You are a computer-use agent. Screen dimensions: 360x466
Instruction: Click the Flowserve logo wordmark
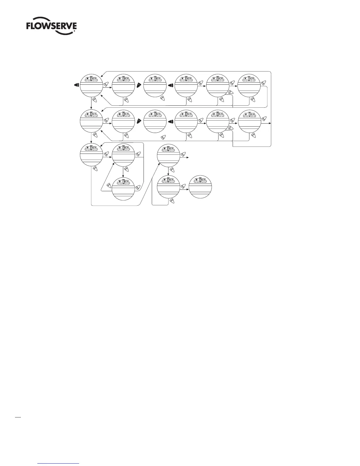point(51,27)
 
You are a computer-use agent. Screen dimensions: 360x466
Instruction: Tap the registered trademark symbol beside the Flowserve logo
point(75,31)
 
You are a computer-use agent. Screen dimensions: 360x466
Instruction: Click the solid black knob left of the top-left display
point(76,85)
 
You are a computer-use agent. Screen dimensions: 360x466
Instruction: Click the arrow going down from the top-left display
point(91,103)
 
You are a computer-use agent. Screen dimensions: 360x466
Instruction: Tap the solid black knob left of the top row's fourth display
point(170,85)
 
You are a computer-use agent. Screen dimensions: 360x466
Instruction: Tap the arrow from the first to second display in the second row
point(107,124)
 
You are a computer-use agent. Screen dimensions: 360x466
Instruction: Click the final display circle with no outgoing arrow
point(200,187)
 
